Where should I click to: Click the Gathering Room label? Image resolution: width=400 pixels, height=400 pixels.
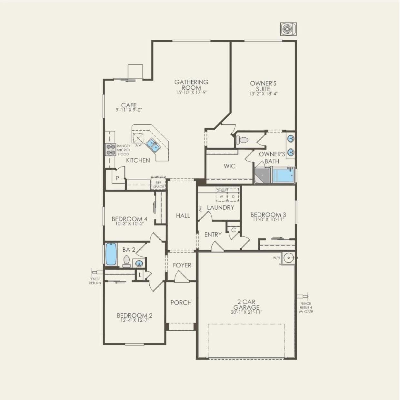pyautogui.click(x=191, y=85)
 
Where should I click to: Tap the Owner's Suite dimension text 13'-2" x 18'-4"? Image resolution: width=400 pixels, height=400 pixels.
pyautogui.click(x=263, y=94)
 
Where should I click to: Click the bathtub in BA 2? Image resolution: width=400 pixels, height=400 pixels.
pyautogui.click(x=111, y=254)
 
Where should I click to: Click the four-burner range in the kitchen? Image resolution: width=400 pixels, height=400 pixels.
pyautogui.click(x=111, y=150)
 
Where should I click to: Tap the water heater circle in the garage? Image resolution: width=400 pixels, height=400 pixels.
pyautogui.click(x=288, y=258)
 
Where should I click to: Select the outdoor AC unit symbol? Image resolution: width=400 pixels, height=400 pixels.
pyautogui.click(x=288, y=29)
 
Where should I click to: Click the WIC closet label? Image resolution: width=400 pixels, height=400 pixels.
pyautogui.click(x=230, y=166)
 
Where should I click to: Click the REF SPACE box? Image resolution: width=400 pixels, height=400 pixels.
pyautogui.click(x=158, y=185)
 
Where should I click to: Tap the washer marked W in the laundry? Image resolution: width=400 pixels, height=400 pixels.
pyautogui.click(x=221, y=196)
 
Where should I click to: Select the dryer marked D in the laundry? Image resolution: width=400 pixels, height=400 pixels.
pyautogui.click(x=233, y=196)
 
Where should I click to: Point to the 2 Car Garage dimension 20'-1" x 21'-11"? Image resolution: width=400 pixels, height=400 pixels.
pyautogui.click(x=246, y=312)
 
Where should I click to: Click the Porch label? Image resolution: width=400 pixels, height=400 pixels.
pyautogui.click(x=181, y=303)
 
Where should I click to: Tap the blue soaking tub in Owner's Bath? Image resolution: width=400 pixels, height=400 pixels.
pyautogui.click(x=284, y=175)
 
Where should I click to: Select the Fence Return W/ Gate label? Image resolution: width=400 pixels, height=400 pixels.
pyautogui.click(x=305, y=307)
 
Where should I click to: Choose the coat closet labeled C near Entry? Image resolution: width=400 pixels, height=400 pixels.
pyautogui.click(x=233, y=230)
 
